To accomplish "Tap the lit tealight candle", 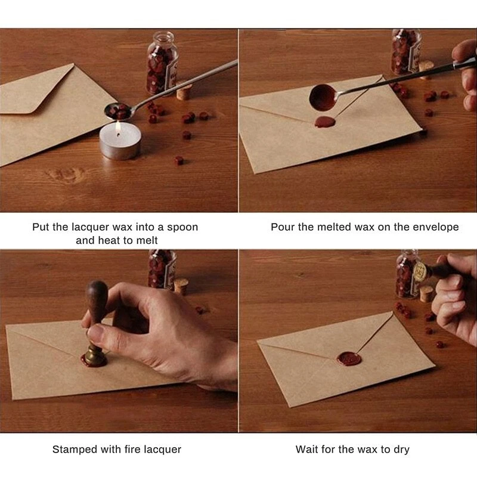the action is (120, 141).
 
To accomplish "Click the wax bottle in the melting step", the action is (162, 63).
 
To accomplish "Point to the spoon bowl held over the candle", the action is (117, 111).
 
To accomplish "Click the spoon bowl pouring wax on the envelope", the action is (323, 97).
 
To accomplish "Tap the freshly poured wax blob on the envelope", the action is (325, 122).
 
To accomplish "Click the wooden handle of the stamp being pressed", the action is (97, 302).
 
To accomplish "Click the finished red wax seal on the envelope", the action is (349, 359).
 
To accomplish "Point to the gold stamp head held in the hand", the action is (420, 271).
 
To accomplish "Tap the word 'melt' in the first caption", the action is (147, 240).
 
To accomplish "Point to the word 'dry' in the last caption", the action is (401, 450).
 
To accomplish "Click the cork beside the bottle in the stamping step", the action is (181, 287).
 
